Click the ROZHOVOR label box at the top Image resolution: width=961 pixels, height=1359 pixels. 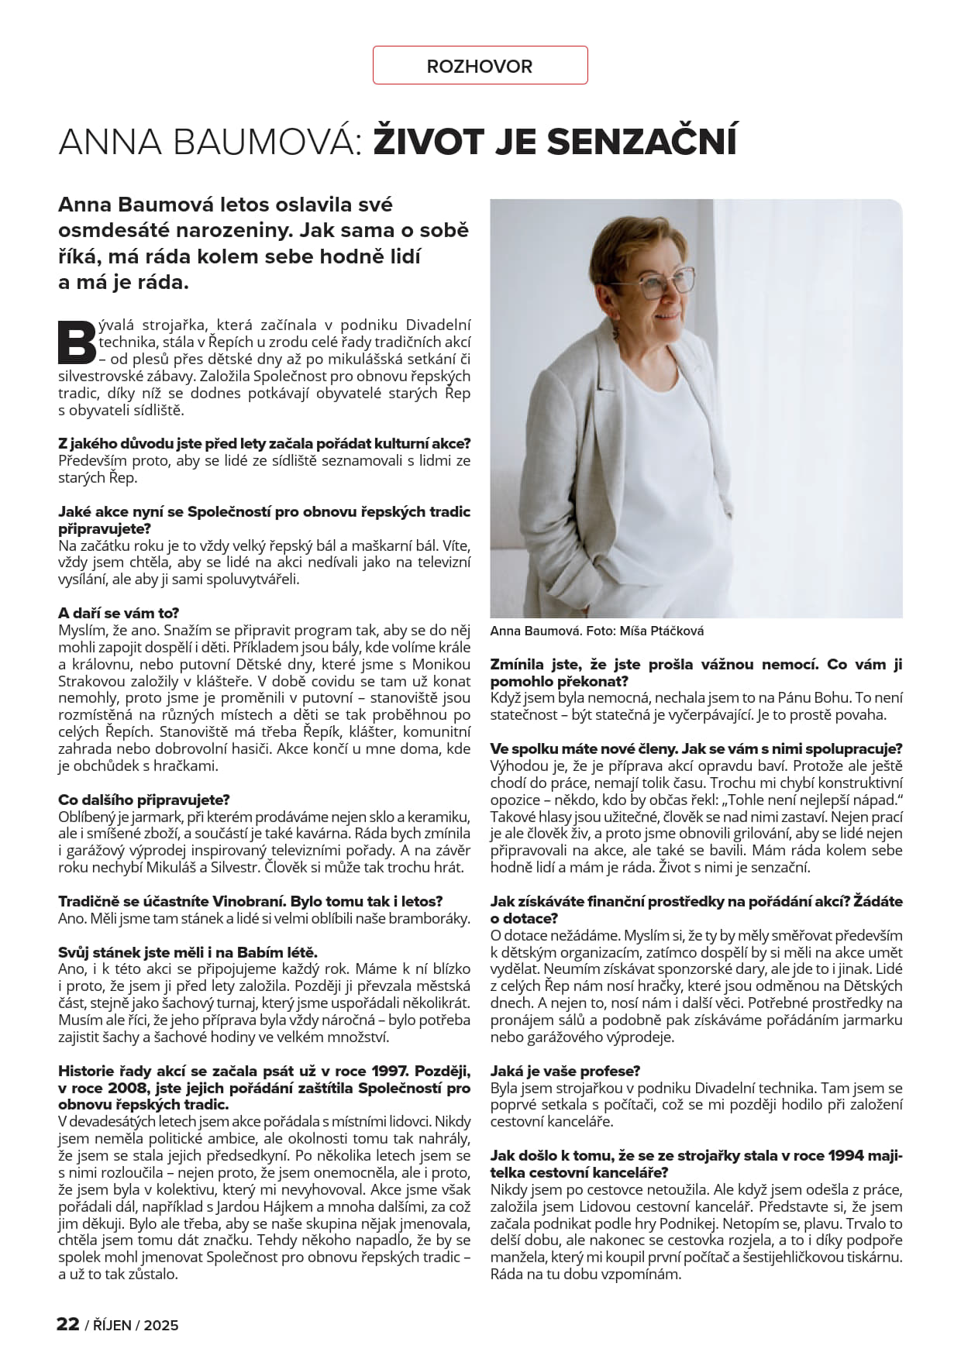tap(480, 66)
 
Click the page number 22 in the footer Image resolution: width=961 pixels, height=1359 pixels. tap(68, 1324)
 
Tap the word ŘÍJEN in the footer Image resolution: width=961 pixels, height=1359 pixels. tap(112, 1325)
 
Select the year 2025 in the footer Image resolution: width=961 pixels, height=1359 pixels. tap(161, 1325)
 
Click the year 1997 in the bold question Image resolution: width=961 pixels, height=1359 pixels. tap(388, 1071)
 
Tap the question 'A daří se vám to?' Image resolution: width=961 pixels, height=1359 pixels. tap(119, 613)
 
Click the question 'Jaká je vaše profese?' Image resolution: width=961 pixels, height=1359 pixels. tap(565, 1071)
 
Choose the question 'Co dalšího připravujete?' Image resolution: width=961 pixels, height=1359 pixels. tap(144, 800)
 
